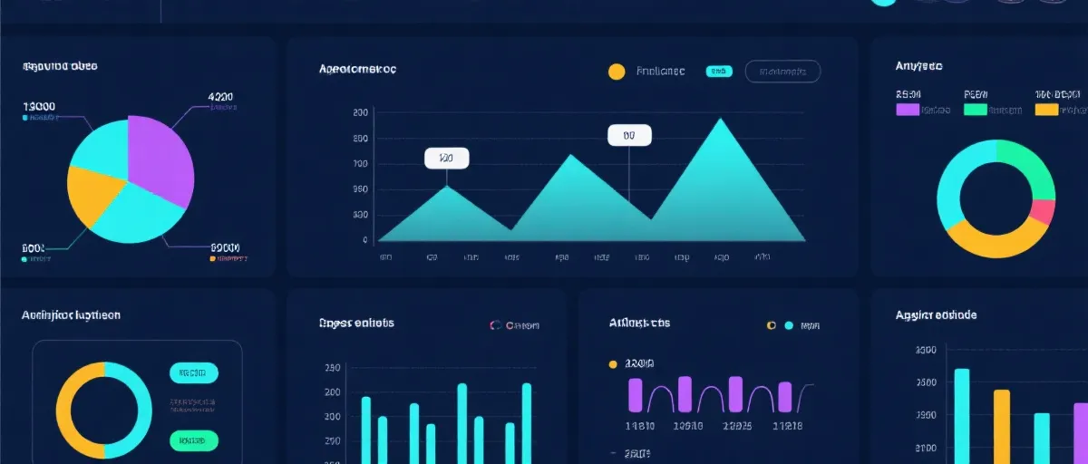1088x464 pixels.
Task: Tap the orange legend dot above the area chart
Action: (617, 72)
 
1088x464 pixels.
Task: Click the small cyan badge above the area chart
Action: (718, 72)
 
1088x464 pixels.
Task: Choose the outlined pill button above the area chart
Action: (782, 72)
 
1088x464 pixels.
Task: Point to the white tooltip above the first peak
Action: (446, 158)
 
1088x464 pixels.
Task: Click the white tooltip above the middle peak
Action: (629, 135)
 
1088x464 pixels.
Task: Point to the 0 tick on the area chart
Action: (364, 240)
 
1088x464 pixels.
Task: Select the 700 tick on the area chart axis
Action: (361, 164)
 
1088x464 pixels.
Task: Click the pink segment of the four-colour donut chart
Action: (1044, 212)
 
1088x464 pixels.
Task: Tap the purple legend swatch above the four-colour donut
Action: (908, 110)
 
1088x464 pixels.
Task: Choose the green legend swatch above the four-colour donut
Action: (975, 110)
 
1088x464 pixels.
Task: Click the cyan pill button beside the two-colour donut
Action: (193, 372)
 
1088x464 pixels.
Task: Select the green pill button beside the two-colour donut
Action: (193, 440)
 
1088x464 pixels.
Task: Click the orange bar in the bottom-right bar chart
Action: (1001, 426)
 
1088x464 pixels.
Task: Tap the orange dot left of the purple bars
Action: (612, 364)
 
